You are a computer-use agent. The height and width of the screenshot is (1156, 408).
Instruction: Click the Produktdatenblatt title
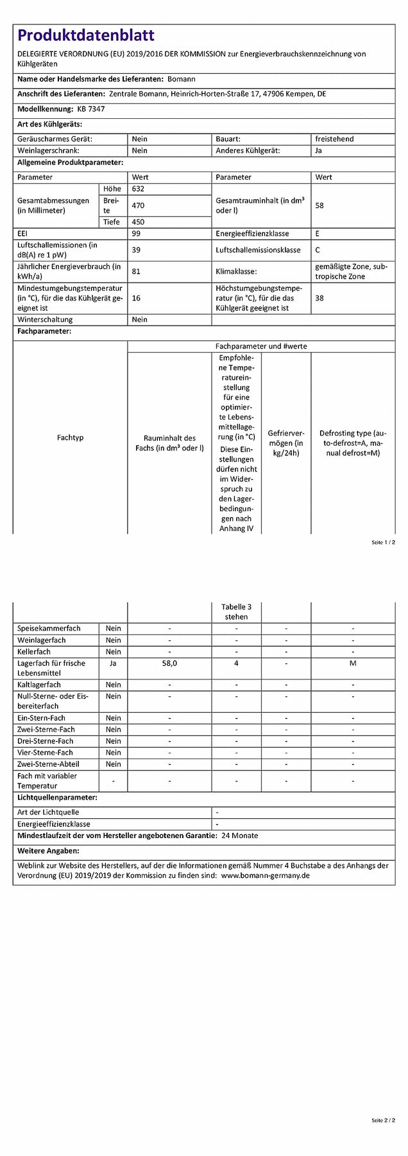[x=86, y=35]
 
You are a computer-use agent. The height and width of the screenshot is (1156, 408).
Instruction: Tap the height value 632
[x=138, y=189]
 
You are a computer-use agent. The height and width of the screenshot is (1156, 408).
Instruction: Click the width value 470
[x=138, y=206]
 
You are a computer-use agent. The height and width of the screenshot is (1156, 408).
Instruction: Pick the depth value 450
[x=138, y=222]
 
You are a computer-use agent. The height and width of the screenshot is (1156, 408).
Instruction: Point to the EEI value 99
[x=136, y=234]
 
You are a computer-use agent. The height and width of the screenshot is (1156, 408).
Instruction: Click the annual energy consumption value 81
[x=136, y=271]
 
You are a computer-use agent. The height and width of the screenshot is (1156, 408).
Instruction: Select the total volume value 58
[x=319, y=206]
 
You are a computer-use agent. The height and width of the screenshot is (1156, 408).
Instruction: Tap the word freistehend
[x=334, y=139]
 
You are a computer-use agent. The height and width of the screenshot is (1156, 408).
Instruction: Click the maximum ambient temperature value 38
[x=319, y=298]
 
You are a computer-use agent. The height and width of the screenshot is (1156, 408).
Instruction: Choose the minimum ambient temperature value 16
[x=136, y=298]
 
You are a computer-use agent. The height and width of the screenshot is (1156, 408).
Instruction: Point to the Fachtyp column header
[x=70, y=437]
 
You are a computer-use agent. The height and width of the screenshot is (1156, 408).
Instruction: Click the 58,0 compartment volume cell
[x=169, y=663]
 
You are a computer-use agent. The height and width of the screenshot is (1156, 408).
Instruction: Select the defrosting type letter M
[x=353, y=663]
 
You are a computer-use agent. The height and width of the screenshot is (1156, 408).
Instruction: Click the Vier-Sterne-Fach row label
[x=46, y=753]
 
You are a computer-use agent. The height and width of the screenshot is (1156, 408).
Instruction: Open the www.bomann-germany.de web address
[x=266, y=876]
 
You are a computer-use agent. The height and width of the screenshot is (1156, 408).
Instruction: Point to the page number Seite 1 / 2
[x=383, y=543]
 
